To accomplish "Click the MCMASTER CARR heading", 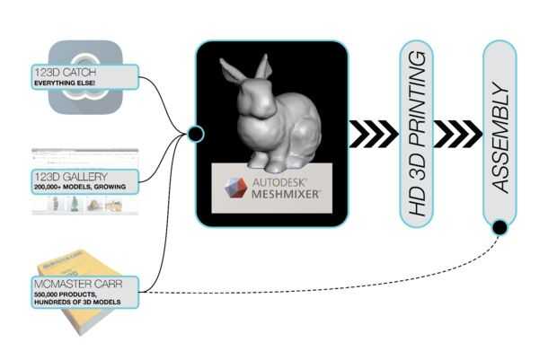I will pos(73,285).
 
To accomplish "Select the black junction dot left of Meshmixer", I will pos(196,135).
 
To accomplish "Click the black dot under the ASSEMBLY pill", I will pos(500,228).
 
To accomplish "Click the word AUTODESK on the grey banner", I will pos(280,179).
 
